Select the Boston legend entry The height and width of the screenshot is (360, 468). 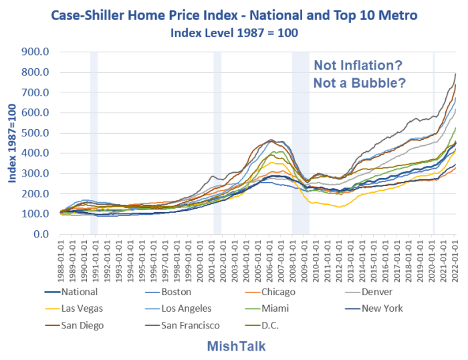point(177,292)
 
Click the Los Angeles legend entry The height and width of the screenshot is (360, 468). point(185,308)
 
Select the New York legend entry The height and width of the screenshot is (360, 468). point(381,308)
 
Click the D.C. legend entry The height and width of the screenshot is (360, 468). point(270,325)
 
